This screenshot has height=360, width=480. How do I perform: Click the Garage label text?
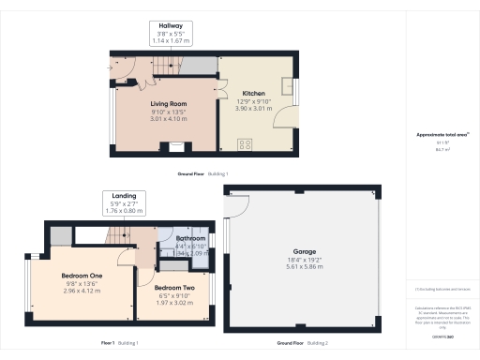[x=303, y=252]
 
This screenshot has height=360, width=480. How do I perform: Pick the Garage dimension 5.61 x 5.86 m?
[x=303, y=267]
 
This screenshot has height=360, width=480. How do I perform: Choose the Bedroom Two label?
[x=174, y=287]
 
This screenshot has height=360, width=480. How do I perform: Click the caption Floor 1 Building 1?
[x=119, y=343]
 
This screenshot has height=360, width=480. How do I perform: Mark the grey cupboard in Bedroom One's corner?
[x=60, y=235]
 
